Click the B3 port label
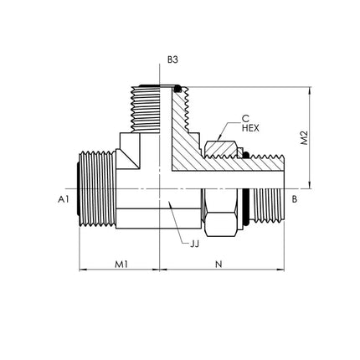point(172,59)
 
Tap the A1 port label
point(63,199)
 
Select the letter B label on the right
point(295,199)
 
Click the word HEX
point(250,128)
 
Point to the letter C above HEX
point(245,119)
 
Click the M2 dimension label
point(305,137)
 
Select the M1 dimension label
point(121,264)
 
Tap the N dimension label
point(219,264)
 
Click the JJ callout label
point(194,244)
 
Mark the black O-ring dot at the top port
point(177,90)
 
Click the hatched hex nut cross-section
point(221,149)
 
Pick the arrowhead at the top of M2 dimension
point(310,90)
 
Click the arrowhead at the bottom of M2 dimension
point(310,185)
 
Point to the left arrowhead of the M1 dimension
point(84,270)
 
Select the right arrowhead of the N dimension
point(280,270)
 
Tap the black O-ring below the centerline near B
point(246,208)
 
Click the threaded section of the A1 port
point(97,189)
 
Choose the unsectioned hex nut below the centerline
point(220,213)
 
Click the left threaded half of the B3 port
point(145,109)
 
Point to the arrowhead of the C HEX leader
point(219,138)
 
